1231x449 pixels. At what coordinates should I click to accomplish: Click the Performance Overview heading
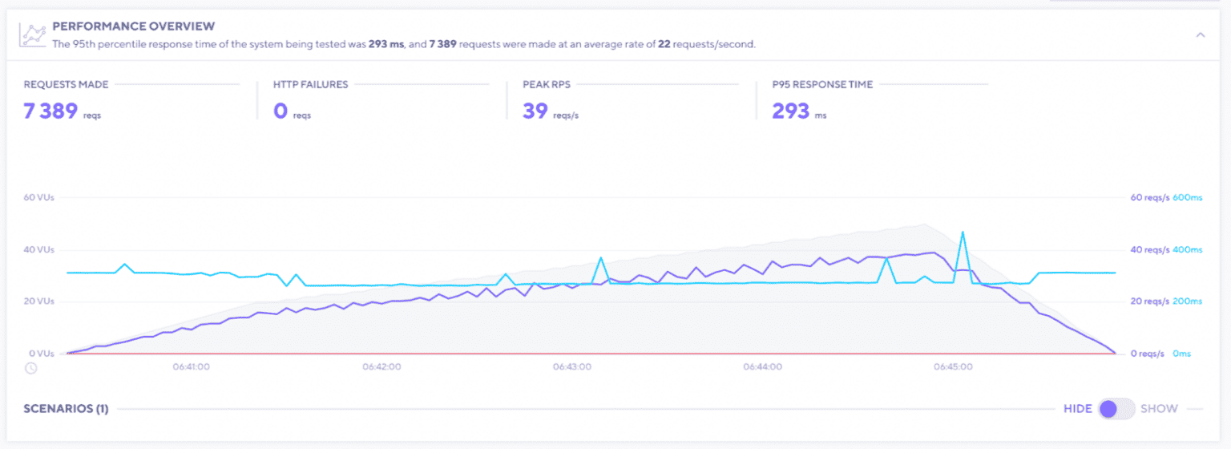click(x=133, y=26)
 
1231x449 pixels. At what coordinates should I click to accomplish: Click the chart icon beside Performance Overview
click(x=33, y=35)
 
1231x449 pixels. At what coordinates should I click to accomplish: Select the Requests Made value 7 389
click(x=50, y=111)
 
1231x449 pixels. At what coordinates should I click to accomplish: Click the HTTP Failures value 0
click(x=281, y=111)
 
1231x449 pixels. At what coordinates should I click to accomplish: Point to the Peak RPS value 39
click(x=535, y=111)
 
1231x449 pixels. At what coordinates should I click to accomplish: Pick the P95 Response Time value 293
click(x=790, y=111)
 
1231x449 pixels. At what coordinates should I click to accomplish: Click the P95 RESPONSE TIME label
click(x=822, y=84)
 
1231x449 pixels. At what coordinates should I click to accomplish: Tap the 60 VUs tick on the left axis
click(x=38, y=197)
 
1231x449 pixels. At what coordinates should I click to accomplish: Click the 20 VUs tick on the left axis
click(x=38, y=301)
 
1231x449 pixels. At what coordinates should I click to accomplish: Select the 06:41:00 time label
click(x=191, y=367)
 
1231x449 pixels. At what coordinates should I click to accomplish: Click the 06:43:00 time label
click(x=572, y=367)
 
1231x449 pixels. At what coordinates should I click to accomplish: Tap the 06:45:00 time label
click(x=953, y=367)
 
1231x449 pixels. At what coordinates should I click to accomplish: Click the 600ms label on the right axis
click(x=1188, y=197)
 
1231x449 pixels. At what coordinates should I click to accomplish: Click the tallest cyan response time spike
click(x=962, y=233)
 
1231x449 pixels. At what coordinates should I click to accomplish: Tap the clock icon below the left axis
click(x=30, y=368)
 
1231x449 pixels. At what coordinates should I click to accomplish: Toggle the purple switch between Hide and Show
click(x=1116, y=409)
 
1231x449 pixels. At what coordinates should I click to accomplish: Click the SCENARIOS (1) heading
click(x=66, y=409)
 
